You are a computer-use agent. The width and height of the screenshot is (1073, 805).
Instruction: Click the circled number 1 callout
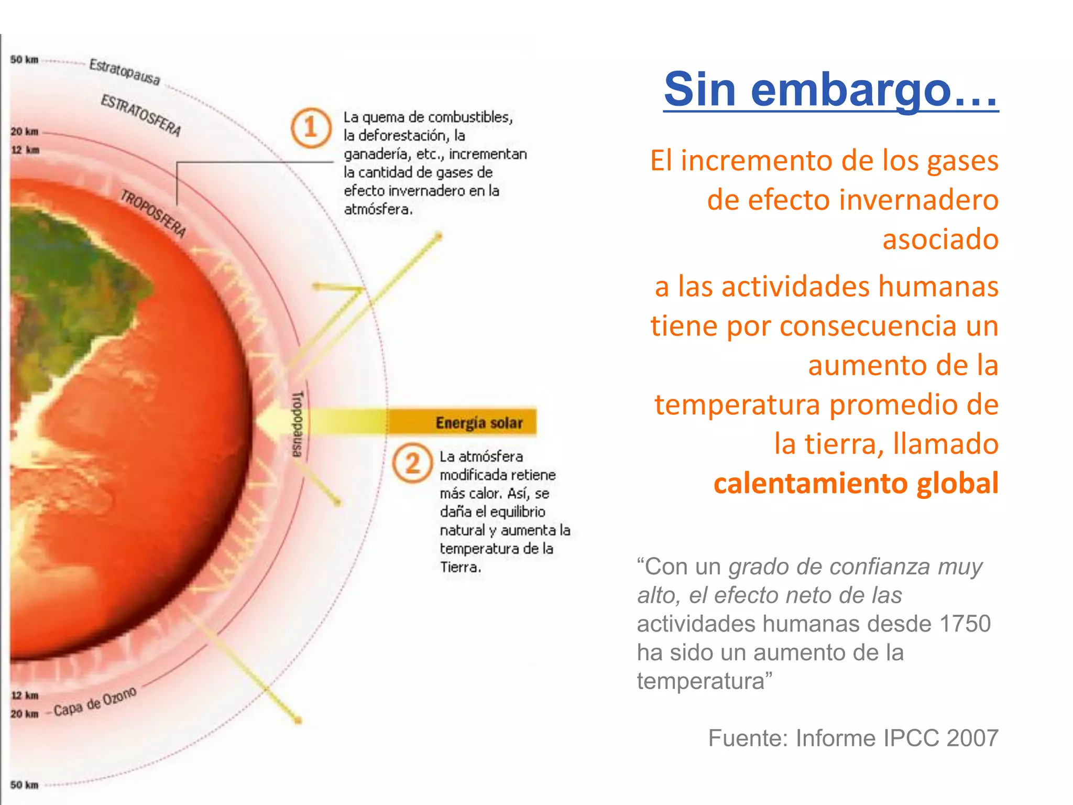[311, 127]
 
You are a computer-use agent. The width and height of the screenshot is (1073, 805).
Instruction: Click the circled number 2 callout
[412, 463]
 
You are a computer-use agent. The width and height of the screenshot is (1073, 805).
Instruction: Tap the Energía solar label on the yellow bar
[479, 422]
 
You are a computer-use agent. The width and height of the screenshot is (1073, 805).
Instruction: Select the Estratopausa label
[125, 72]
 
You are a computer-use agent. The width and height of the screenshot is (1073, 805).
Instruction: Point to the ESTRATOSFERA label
[141, 115]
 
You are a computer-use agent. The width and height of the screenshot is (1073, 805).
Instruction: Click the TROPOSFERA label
[154, 213]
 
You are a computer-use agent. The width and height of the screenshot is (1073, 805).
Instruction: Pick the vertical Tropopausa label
[298, 423]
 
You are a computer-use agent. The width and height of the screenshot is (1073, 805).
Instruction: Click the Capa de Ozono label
[95, 702]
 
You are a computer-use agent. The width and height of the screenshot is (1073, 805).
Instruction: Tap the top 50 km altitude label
[24, 60]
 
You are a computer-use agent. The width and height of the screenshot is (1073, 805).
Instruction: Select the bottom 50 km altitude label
[24, 785]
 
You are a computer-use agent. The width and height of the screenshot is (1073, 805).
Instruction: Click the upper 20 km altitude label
[25, 131]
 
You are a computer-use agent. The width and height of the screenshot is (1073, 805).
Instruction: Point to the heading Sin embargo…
[830, 89]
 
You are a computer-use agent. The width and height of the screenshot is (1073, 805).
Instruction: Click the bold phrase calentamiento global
[856, 483]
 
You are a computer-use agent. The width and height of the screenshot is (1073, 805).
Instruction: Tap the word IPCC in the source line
[912, 738]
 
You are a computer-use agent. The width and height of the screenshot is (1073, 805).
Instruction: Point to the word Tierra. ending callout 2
[460, 567]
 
